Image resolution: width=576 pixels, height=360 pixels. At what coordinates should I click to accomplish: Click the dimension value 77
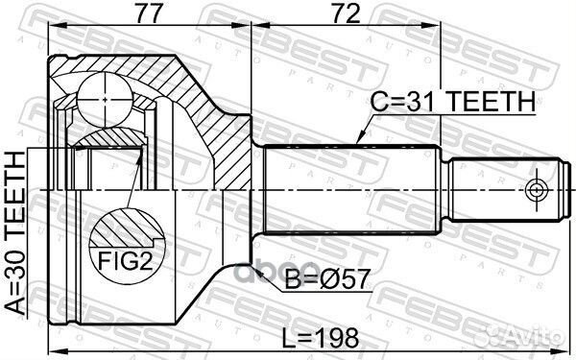pos(149,14)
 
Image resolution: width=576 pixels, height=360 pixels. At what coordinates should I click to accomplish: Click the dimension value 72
pos(346,14)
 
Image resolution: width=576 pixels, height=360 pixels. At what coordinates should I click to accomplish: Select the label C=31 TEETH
pos(452,101)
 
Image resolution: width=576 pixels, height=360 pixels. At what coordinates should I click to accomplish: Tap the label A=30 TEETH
pos(16,233)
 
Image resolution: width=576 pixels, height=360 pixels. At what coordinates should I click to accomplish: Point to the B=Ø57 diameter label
pos(326,279)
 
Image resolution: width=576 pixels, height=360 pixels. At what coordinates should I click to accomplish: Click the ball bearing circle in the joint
pos(105,100)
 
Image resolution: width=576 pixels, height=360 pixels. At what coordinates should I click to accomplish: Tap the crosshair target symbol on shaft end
pos(537,190)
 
